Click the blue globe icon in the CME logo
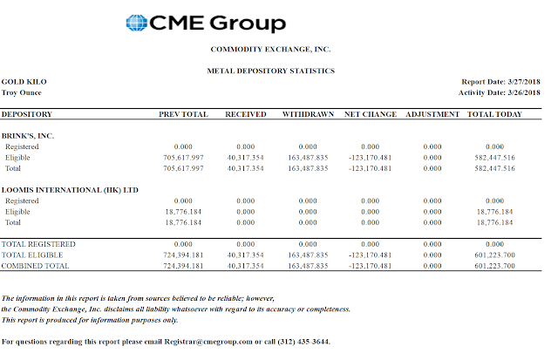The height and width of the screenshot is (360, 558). pyautogui.click(x=137, y=23)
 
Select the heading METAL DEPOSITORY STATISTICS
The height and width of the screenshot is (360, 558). pyautogui.click(x=271, y=71)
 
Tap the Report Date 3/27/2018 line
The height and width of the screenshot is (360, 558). pyautogui.click(x=500, y=81)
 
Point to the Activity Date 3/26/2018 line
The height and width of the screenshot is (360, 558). pyautogui.click(x=500, y=92)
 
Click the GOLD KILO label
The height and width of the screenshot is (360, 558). pyautogui.click(x=24, y=81)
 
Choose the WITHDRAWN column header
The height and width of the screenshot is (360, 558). pyautogui.click(x=308, y=114)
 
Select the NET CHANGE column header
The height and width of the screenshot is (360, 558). pyautogui.click(x=371, y=114)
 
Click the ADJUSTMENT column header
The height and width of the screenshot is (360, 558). pyautogui.click(x=432, y=114)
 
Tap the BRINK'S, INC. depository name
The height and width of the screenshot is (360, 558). pyautogui.click(x=28, y=136)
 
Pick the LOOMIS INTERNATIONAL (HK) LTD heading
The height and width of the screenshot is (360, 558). pyautogui.click(x=70, y=190)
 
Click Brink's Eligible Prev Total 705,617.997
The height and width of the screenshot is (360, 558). pyautogui.click(x=183, y=158)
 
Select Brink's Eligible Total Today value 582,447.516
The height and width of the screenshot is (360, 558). pyautogui.click(x=494, y=158)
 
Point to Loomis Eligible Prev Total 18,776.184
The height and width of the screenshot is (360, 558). pyautogui.click(x=183, y=212)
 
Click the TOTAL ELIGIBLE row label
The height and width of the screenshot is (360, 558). pyautogui.click(x=32, y=255)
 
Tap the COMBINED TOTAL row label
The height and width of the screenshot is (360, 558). pyautogui.click(x=35, y=266)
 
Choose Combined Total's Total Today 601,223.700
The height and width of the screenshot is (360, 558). pyautogui.click(x=494, y=266)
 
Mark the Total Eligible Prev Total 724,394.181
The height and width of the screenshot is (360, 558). pyautogui.click(x=183, y=255)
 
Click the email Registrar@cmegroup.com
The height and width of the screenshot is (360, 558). pyautogui.click(x=208, y=342)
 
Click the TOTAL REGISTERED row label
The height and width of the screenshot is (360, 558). pyautogui.click(x=38, y=244)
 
